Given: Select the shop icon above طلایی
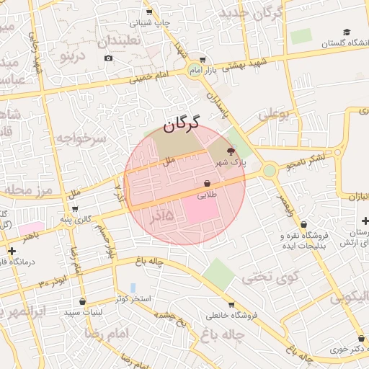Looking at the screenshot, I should [x=208, y=183].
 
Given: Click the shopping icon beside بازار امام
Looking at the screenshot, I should [x=203, y=60].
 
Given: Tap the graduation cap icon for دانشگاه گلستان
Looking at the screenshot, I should [x=347, y=32].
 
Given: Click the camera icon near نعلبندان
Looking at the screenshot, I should [x=108, y=58].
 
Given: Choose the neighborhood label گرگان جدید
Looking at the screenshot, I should [x=252, y=13].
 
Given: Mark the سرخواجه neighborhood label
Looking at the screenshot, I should [x=81, y=137].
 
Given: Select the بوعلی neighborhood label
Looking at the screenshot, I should [x=273, y=113].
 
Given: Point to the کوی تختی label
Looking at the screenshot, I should [x=263, y=276].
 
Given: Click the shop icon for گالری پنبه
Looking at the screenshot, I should [x=75, y=209].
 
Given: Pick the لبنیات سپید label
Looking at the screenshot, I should [x=83, y=311].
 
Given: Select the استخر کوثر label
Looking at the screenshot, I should [x=131, y=298].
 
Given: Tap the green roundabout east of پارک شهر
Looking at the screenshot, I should [x=270, y=171].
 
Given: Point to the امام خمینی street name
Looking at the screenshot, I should [x=149, y=76].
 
